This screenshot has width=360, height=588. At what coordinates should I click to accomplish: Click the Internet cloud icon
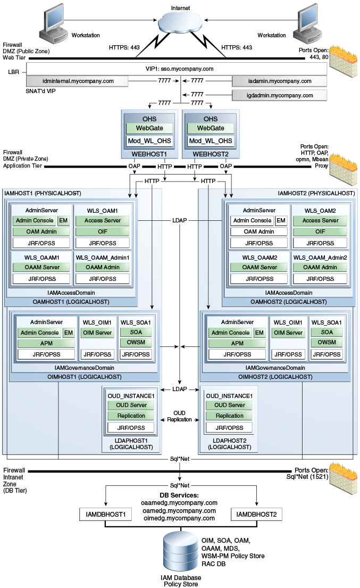pos(180,22)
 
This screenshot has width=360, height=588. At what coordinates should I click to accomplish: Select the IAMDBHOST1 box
pos(106,514)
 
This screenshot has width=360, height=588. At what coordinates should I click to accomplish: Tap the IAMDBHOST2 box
pos(256,514)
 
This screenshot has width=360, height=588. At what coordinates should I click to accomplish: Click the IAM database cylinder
pos(181,552)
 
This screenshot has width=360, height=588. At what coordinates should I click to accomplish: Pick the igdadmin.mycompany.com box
pos(280,95)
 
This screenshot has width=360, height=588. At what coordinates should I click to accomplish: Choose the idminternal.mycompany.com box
pos(78,81)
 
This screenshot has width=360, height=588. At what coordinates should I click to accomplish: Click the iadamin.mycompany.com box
pos(280,81)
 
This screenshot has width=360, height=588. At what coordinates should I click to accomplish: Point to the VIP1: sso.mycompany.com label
pos(179,69)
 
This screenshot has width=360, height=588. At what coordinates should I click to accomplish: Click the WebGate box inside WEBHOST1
pos(149,128)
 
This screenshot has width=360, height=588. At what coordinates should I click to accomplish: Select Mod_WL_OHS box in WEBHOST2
pos(211,141)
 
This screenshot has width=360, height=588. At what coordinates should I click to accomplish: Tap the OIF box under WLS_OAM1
pos(102,232)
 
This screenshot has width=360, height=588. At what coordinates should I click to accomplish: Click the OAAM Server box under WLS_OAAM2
pos(259,267)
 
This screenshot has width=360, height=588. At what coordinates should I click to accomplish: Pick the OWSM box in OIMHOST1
pos(136,342)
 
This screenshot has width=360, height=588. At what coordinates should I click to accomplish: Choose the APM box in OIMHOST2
pos(237,343)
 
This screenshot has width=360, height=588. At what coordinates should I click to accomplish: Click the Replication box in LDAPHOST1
pos(131,416)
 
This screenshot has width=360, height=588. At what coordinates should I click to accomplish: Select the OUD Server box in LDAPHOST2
pos(229,405)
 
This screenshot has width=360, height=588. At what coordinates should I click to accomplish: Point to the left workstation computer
pos(53,24)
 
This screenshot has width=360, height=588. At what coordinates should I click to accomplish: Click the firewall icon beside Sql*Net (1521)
pos(343,478)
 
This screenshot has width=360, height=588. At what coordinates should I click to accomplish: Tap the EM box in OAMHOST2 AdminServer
pos(281,220)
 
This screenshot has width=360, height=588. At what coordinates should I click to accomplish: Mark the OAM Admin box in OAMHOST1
pos(41,232)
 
